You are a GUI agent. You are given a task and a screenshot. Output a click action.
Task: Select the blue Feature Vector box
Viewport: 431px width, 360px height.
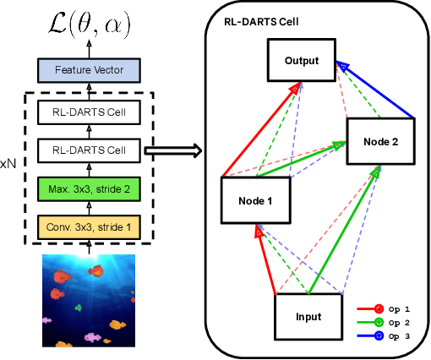click(88, 70)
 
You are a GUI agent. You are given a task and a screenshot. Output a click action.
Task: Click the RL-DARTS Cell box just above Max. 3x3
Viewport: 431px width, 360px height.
click(88, 150)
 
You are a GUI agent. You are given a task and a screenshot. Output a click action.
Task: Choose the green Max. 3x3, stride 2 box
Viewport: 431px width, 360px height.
click(88, 188)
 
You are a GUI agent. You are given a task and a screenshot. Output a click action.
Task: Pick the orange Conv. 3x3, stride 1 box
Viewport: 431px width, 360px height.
click(88, 226)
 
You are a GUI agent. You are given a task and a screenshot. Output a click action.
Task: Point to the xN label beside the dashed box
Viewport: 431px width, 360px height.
click(8, 161)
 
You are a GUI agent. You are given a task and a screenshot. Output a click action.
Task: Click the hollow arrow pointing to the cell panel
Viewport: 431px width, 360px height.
click(173, 151)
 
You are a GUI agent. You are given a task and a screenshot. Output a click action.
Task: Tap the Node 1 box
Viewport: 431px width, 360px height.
click(255, 201)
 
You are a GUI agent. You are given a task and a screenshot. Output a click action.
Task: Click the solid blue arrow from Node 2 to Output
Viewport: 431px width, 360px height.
click(378, 90)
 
